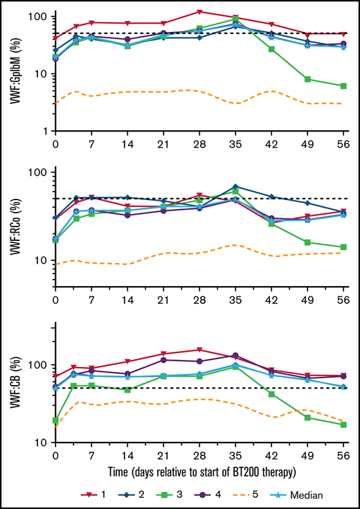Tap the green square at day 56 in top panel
(x=344, y=86)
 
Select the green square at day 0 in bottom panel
(x=55, y=420)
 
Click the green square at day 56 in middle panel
(x=344, y=247)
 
